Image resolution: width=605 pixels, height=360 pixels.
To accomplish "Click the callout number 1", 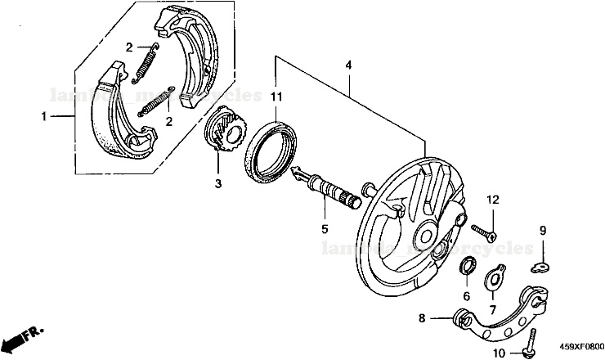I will click(x=44, y=117).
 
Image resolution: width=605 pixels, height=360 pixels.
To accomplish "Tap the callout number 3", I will click(x=218, y=184).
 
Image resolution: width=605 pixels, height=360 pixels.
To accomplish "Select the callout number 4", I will click(x=348, y=65).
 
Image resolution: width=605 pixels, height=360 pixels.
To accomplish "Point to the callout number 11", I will click(x=276, y=97).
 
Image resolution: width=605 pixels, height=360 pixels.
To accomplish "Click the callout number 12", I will click(x=493, y=200).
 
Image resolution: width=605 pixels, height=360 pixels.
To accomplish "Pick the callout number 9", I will click(x=541, y=230).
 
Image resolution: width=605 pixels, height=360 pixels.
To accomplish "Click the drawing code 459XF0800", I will click(x=582, y=347).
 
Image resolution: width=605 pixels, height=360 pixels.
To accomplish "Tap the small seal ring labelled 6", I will click(x=469, y=266).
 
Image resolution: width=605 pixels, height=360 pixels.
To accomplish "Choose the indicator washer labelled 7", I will click(x=495, y=278).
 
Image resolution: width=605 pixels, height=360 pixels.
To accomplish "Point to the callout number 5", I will click(x=324, y=230).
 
